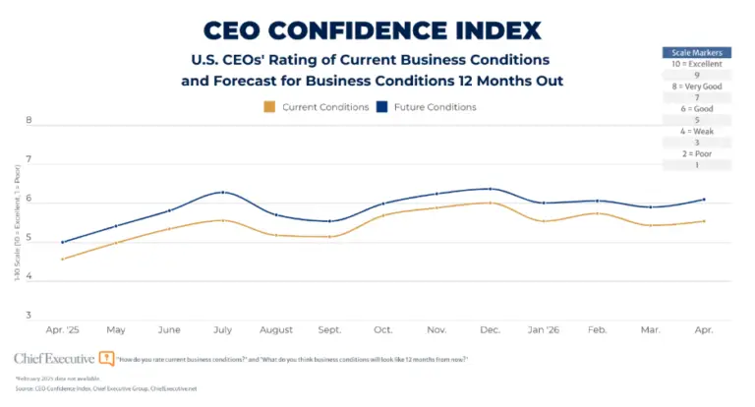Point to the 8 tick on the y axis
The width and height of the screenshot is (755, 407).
point(29,122)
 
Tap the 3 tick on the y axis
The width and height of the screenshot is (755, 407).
point(29,317)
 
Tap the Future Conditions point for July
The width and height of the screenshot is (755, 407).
point(224,192)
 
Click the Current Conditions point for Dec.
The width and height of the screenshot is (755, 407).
point(490,203)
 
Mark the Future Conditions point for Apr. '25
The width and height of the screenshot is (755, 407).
point(62,242)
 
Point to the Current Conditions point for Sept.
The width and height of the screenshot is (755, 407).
point(330,236)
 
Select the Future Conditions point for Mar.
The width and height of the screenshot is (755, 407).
point(650,207)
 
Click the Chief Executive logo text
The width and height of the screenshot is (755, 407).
point(54,359)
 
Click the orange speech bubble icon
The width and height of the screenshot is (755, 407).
point(107,359)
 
